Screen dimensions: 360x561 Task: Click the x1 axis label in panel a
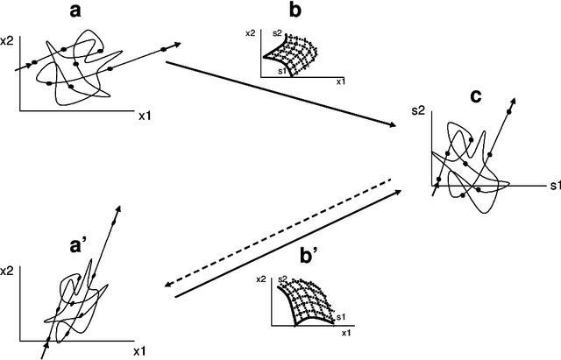pyautogui.click(x=146, y=115)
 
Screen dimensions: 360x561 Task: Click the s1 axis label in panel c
pyautogui.click(x=555, y=187)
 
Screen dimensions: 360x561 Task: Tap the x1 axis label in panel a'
pyautogui.click(x=138, y=351)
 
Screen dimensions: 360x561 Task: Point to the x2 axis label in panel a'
pyautogui.click(x=9, y=273)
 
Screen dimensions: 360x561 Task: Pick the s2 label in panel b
pyautogui.click(x=278, y=32)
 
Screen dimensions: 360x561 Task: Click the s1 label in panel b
pyautogui.click(x=281, y=71)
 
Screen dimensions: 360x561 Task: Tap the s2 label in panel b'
pyautogui.click(x=283, y=279)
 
